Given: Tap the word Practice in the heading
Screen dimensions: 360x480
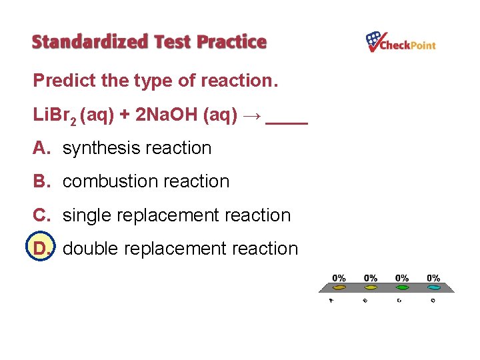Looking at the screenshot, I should pos(231,42).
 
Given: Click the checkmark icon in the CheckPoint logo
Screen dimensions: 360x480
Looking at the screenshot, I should pos(373,41).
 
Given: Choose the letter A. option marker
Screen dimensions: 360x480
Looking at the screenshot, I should pos(42,148).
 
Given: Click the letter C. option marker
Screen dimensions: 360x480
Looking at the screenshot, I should pos(42,215).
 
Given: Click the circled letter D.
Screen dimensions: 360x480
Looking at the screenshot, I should pos(41,249).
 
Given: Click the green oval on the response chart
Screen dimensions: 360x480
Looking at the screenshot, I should pos(402,287).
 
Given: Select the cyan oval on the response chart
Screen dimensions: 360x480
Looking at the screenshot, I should pos(433,287).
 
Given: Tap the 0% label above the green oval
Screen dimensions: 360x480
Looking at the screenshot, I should pos(402,278).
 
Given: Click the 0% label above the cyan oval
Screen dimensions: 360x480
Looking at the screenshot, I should pos(433,278).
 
